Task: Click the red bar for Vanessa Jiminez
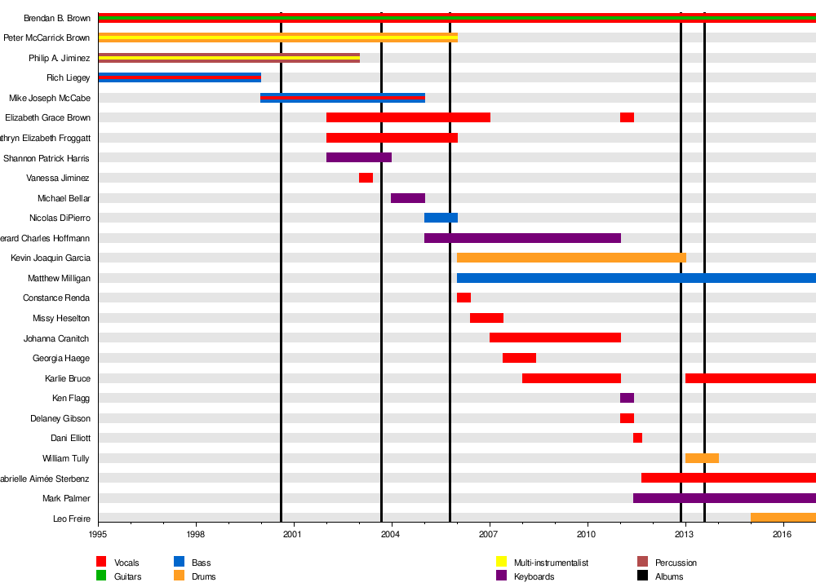366,178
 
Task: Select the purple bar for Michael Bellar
408,198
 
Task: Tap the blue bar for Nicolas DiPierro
441,218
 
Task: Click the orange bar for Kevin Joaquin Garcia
571,258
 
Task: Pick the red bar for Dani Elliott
637,438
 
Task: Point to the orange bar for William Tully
702,458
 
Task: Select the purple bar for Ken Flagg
627,398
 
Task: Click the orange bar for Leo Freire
783,518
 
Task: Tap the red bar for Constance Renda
463,298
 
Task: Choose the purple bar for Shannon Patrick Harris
359,157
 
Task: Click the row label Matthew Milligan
59,278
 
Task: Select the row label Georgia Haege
61,358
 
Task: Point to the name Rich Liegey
68,77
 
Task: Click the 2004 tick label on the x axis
391,534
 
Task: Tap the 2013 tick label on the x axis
685,534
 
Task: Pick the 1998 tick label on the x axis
196,534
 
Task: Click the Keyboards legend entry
534,576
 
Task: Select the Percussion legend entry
676,563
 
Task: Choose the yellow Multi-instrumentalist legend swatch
503,562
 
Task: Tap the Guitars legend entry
127,576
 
